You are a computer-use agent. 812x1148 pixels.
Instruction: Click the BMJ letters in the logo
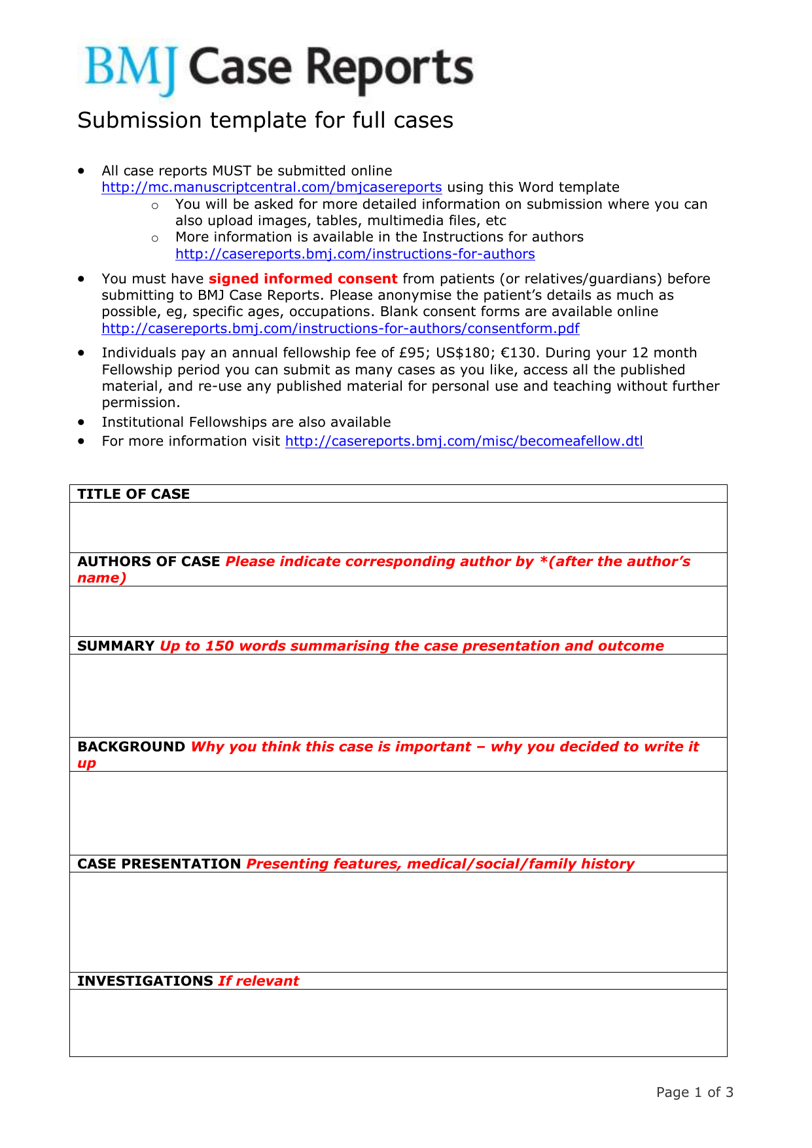(131, 69)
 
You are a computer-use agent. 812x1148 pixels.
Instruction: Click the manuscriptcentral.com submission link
(272, 187)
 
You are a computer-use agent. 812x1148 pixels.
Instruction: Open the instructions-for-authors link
(355, 254)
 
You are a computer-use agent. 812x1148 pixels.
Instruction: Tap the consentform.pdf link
(340, 329)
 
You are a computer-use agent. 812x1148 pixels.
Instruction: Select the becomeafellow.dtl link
(464, 441)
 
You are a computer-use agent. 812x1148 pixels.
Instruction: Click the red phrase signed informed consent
(303, 279)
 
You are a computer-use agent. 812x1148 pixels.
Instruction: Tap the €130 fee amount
(518, 353)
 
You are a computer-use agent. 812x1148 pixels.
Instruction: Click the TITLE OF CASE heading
(133, 494)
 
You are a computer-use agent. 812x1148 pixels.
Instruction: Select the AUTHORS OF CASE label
(149, 562)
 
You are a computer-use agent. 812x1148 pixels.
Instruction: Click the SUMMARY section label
(116, 646)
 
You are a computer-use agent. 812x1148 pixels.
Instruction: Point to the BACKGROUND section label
(131, 747)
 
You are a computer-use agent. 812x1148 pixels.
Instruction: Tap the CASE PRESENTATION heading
(159, 864)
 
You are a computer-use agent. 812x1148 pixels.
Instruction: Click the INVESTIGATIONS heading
(145, 981)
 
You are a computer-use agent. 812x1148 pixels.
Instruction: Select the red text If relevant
(258, 981)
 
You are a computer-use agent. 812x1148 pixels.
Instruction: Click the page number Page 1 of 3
(694, 1092)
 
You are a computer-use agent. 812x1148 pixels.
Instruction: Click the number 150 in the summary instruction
(219, 646)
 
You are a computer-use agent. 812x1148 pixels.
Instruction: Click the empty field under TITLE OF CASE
(398, 528)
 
